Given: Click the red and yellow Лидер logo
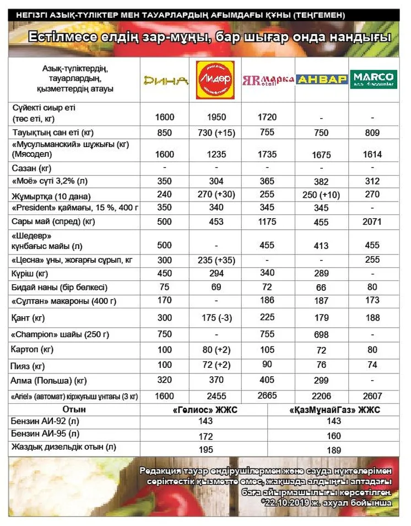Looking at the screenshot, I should coord(215,80).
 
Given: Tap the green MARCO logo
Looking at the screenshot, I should coord(374,80).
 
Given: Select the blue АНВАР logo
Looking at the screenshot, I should coord(322,80).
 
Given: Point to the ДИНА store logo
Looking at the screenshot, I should coord(165,80).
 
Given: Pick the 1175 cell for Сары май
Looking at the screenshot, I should coord(267,221).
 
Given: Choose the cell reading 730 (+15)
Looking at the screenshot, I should coord(216,133).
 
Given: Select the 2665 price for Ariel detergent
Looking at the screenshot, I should coord(267,396).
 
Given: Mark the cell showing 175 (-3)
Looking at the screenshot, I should coord(216,318).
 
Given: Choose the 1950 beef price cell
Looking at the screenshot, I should coord(216,117).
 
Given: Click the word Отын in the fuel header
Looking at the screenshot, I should coord(74,409).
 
